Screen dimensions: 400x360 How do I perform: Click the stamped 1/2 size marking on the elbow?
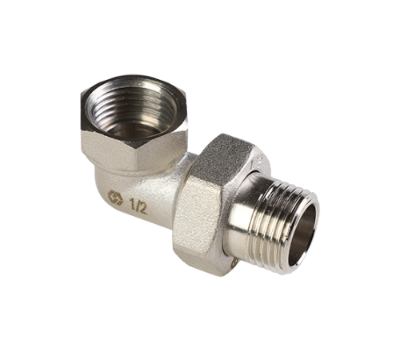point(138,206)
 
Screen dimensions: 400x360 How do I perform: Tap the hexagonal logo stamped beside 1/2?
point(115,198)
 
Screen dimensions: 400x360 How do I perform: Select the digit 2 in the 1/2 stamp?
point(143,208)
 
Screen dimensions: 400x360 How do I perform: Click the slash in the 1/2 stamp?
point(137,206)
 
